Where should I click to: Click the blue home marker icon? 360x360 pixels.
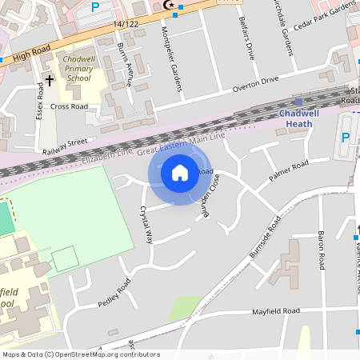(x=180, y=171)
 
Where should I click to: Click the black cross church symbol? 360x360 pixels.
(x=49, y=80)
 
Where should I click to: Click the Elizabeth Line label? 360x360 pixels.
(x=107, y=157)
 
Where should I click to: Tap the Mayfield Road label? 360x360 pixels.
(x=275, y=310)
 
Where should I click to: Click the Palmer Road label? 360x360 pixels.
(x=288, y=170)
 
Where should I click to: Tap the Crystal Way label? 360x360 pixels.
(x=146, y=225)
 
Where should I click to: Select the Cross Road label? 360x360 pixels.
(x=69, y=106)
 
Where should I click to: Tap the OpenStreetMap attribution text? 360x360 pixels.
(x=81, y=354)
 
